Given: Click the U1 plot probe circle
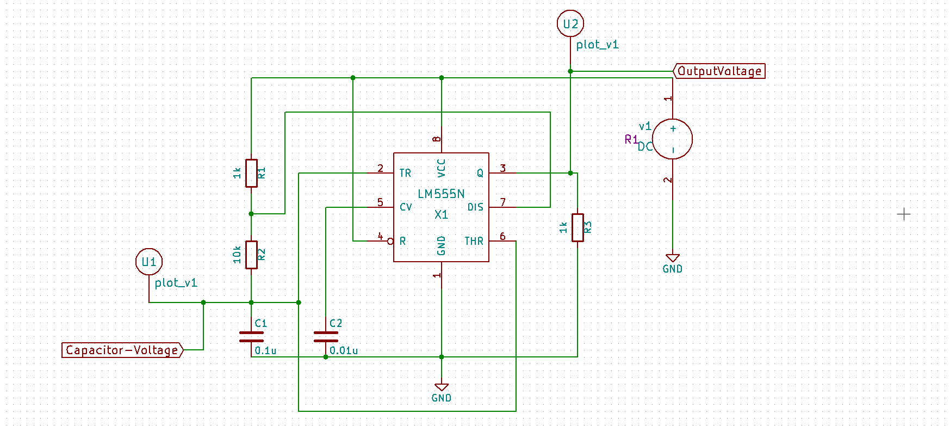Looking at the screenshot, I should point(149,262).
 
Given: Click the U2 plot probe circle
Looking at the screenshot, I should point(570,24).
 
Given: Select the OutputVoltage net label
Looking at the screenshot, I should point(719,71).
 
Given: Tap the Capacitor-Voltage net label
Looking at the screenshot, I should point(122,350).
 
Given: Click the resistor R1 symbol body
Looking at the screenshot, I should point(251,173).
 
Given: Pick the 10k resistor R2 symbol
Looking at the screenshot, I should point(251,255).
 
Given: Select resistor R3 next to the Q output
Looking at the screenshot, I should point(578,227).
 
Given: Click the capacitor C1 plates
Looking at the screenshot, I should point(251,337).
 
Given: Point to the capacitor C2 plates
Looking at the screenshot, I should point(326,337).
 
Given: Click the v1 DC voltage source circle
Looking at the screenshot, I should point(673,139).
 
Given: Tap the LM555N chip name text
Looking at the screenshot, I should point(441,194).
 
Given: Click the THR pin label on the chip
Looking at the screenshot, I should point(474,241).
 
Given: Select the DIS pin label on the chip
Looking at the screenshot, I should point(475,207).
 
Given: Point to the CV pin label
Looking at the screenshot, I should point(406,207).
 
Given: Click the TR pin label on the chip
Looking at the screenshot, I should point(405,173).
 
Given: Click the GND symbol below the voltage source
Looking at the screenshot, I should point(673,258).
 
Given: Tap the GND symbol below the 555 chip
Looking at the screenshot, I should point(442,387).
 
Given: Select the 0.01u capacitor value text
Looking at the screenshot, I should point(344,351).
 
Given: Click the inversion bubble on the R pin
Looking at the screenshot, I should point(390,241).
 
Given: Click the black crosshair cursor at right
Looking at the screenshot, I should point(904,214).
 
